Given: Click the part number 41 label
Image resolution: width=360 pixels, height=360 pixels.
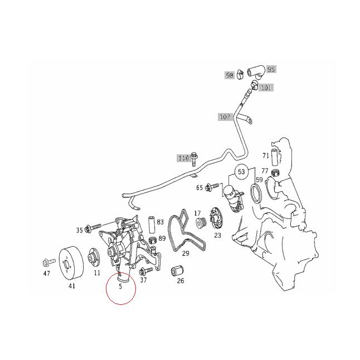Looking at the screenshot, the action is click(x=72, y=286).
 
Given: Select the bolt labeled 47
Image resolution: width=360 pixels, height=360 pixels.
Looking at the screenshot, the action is click(x=49, y=262).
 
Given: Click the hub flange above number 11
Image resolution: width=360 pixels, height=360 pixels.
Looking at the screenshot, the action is click(x=94, y=257).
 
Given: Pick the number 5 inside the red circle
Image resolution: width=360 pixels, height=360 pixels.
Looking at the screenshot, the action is click(x=120, y=286).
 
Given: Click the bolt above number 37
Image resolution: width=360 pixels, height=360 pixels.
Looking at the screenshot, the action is click(x=146, y=271).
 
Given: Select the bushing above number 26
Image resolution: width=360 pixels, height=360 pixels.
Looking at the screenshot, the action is click(x=178, y=271).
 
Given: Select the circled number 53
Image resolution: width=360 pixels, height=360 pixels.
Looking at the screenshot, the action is click(x=241, y=172).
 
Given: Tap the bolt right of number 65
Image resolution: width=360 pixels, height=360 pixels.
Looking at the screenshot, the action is click(x=212, y=187).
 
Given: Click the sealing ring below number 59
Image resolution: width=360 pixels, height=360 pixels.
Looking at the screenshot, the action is click(x=255, y=194).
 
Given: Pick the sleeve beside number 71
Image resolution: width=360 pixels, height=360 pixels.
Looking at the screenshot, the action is click(x=275, y=157).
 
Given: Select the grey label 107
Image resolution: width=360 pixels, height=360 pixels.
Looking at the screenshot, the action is click(x=225, y=117).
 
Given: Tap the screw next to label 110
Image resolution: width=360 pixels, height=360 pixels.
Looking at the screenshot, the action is click(x=194, y=159).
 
